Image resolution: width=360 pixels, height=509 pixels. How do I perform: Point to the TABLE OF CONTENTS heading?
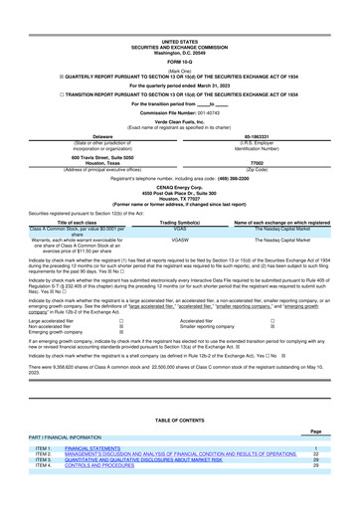pos(179,420)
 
